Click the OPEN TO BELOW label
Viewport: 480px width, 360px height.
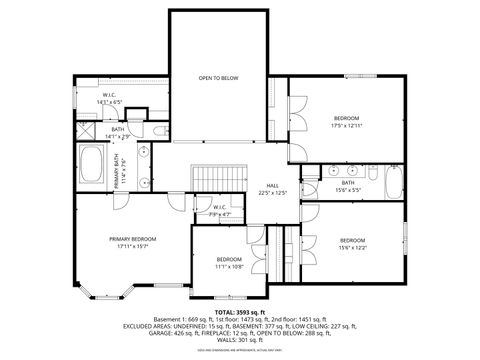pos(217,77)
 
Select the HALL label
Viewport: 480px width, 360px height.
pos(272,185)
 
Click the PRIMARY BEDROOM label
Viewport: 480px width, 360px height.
pos(133,239)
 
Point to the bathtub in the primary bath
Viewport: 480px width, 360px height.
pos(94,164)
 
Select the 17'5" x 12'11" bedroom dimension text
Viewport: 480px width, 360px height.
pos(346,126)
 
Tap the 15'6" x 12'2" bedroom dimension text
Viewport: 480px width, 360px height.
pos(352,247)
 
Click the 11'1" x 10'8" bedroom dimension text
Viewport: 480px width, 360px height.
pos(229,267)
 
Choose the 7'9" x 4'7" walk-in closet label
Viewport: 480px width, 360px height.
pos(220,214)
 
